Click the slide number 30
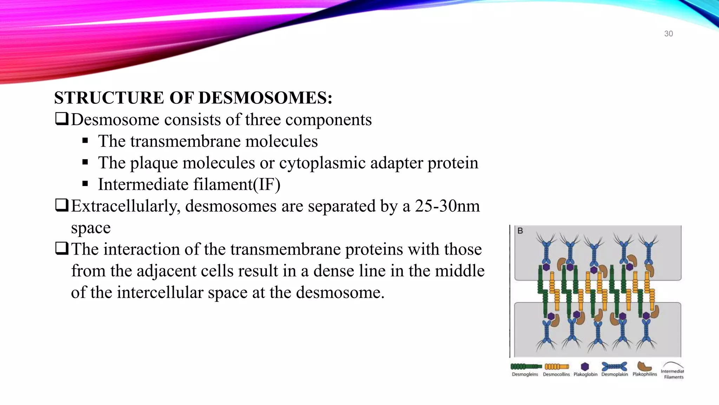point(668,34)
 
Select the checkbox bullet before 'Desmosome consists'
point(61,119)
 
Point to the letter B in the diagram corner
point(520,231)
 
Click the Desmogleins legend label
point(525,374)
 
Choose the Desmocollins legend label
point(556,374)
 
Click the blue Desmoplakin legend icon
point(614,367)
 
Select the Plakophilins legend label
point(645,374)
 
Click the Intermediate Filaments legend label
point(673,374)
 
